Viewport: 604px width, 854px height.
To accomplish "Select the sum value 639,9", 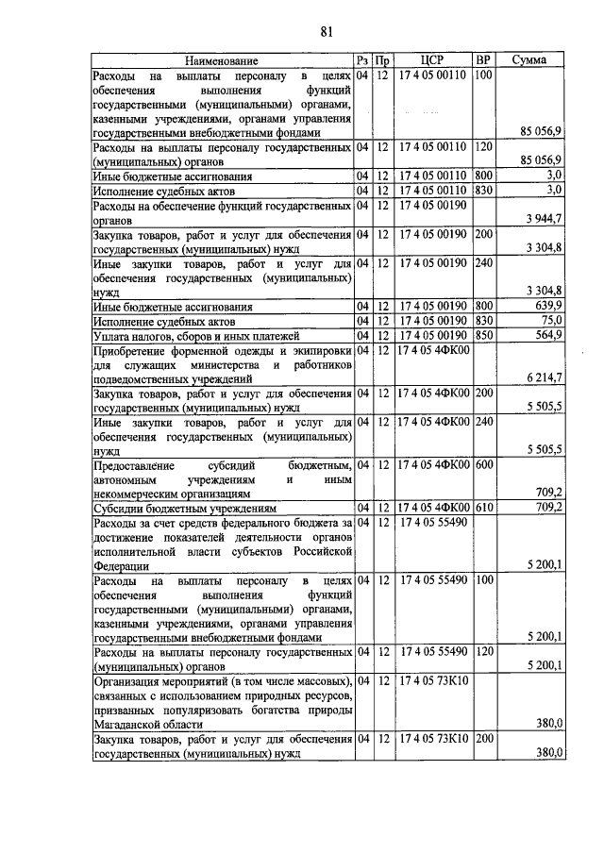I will click(548, 307).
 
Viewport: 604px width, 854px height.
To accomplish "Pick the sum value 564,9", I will click(548, 334).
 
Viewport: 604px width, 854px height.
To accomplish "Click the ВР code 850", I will click(484, 334).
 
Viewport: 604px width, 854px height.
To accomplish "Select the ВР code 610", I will click(484, 508).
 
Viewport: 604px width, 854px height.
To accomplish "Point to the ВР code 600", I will click(484, 464).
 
